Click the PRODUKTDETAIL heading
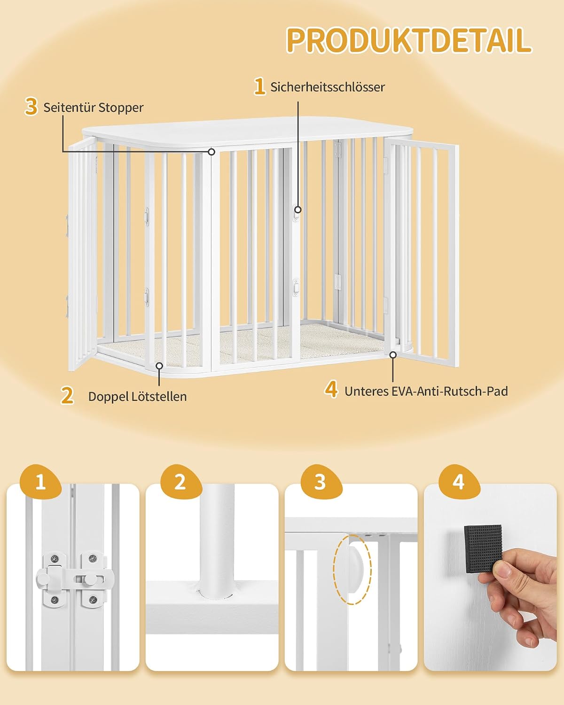coord(408,40)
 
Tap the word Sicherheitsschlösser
coord(328,87)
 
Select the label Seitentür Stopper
coord(94,108)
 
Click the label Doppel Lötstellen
coord(137,396)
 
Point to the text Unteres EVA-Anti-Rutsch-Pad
coord(426,391)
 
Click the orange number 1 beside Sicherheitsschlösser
coord(259,86)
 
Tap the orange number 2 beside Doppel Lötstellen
coord(67,395)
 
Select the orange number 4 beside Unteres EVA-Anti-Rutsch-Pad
coord(331,390)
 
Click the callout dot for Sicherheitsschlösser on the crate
coord(298,210)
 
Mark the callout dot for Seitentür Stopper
coord(211,152)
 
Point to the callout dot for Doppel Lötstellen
coord(159,366)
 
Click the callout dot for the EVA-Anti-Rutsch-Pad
coord(393,355)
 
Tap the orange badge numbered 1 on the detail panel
coord(40,482)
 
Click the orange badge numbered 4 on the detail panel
coord(459,482)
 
